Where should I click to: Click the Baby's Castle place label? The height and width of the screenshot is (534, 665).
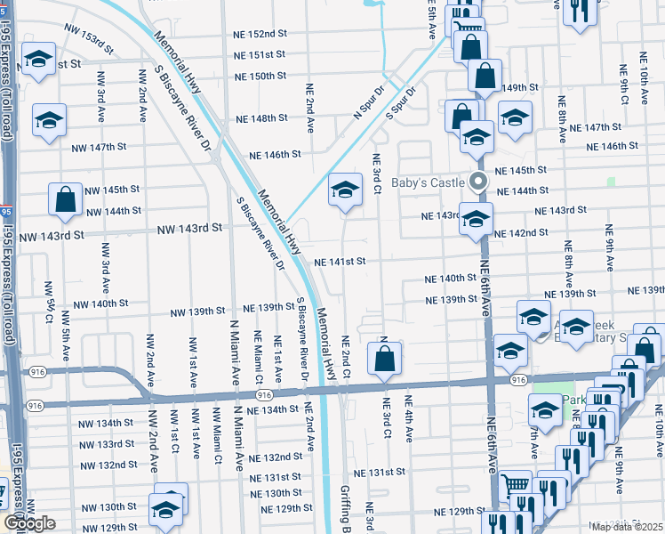click(429, 182)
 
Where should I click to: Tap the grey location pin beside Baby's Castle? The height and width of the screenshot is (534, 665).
click(478, 183)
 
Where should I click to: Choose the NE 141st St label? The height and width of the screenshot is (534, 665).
click(341, 262)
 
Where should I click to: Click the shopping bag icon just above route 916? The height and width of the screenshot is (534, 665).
click(385, 359)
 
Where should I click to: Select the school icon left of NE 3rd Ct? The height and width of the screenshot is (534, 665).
click(345, 190)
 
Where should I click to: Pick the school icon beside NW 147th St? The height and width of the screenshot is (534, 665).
click(50, 120)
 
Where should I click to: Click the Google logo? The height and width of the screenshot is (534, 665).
click(28, 524)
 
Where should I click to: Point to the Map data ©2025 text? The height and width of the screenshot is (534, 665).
click(628, 527)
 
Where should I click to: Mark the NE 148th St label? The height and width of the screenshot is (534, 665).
click(261, 118)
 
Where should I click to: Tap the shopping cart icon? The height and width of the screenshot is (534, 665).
click(515, 486)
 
